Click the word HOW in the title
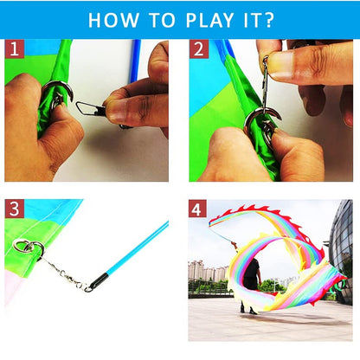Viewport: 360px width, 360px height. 114,19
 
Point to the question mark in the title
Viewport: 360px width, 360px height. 269,19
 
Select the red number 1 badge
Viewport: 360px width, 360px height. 14,49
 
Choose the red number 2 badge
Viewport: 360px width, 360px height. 199,49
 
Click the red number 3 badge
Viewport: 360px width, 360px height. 14,209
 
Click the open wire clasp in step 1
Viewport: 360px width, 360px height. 87,108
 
